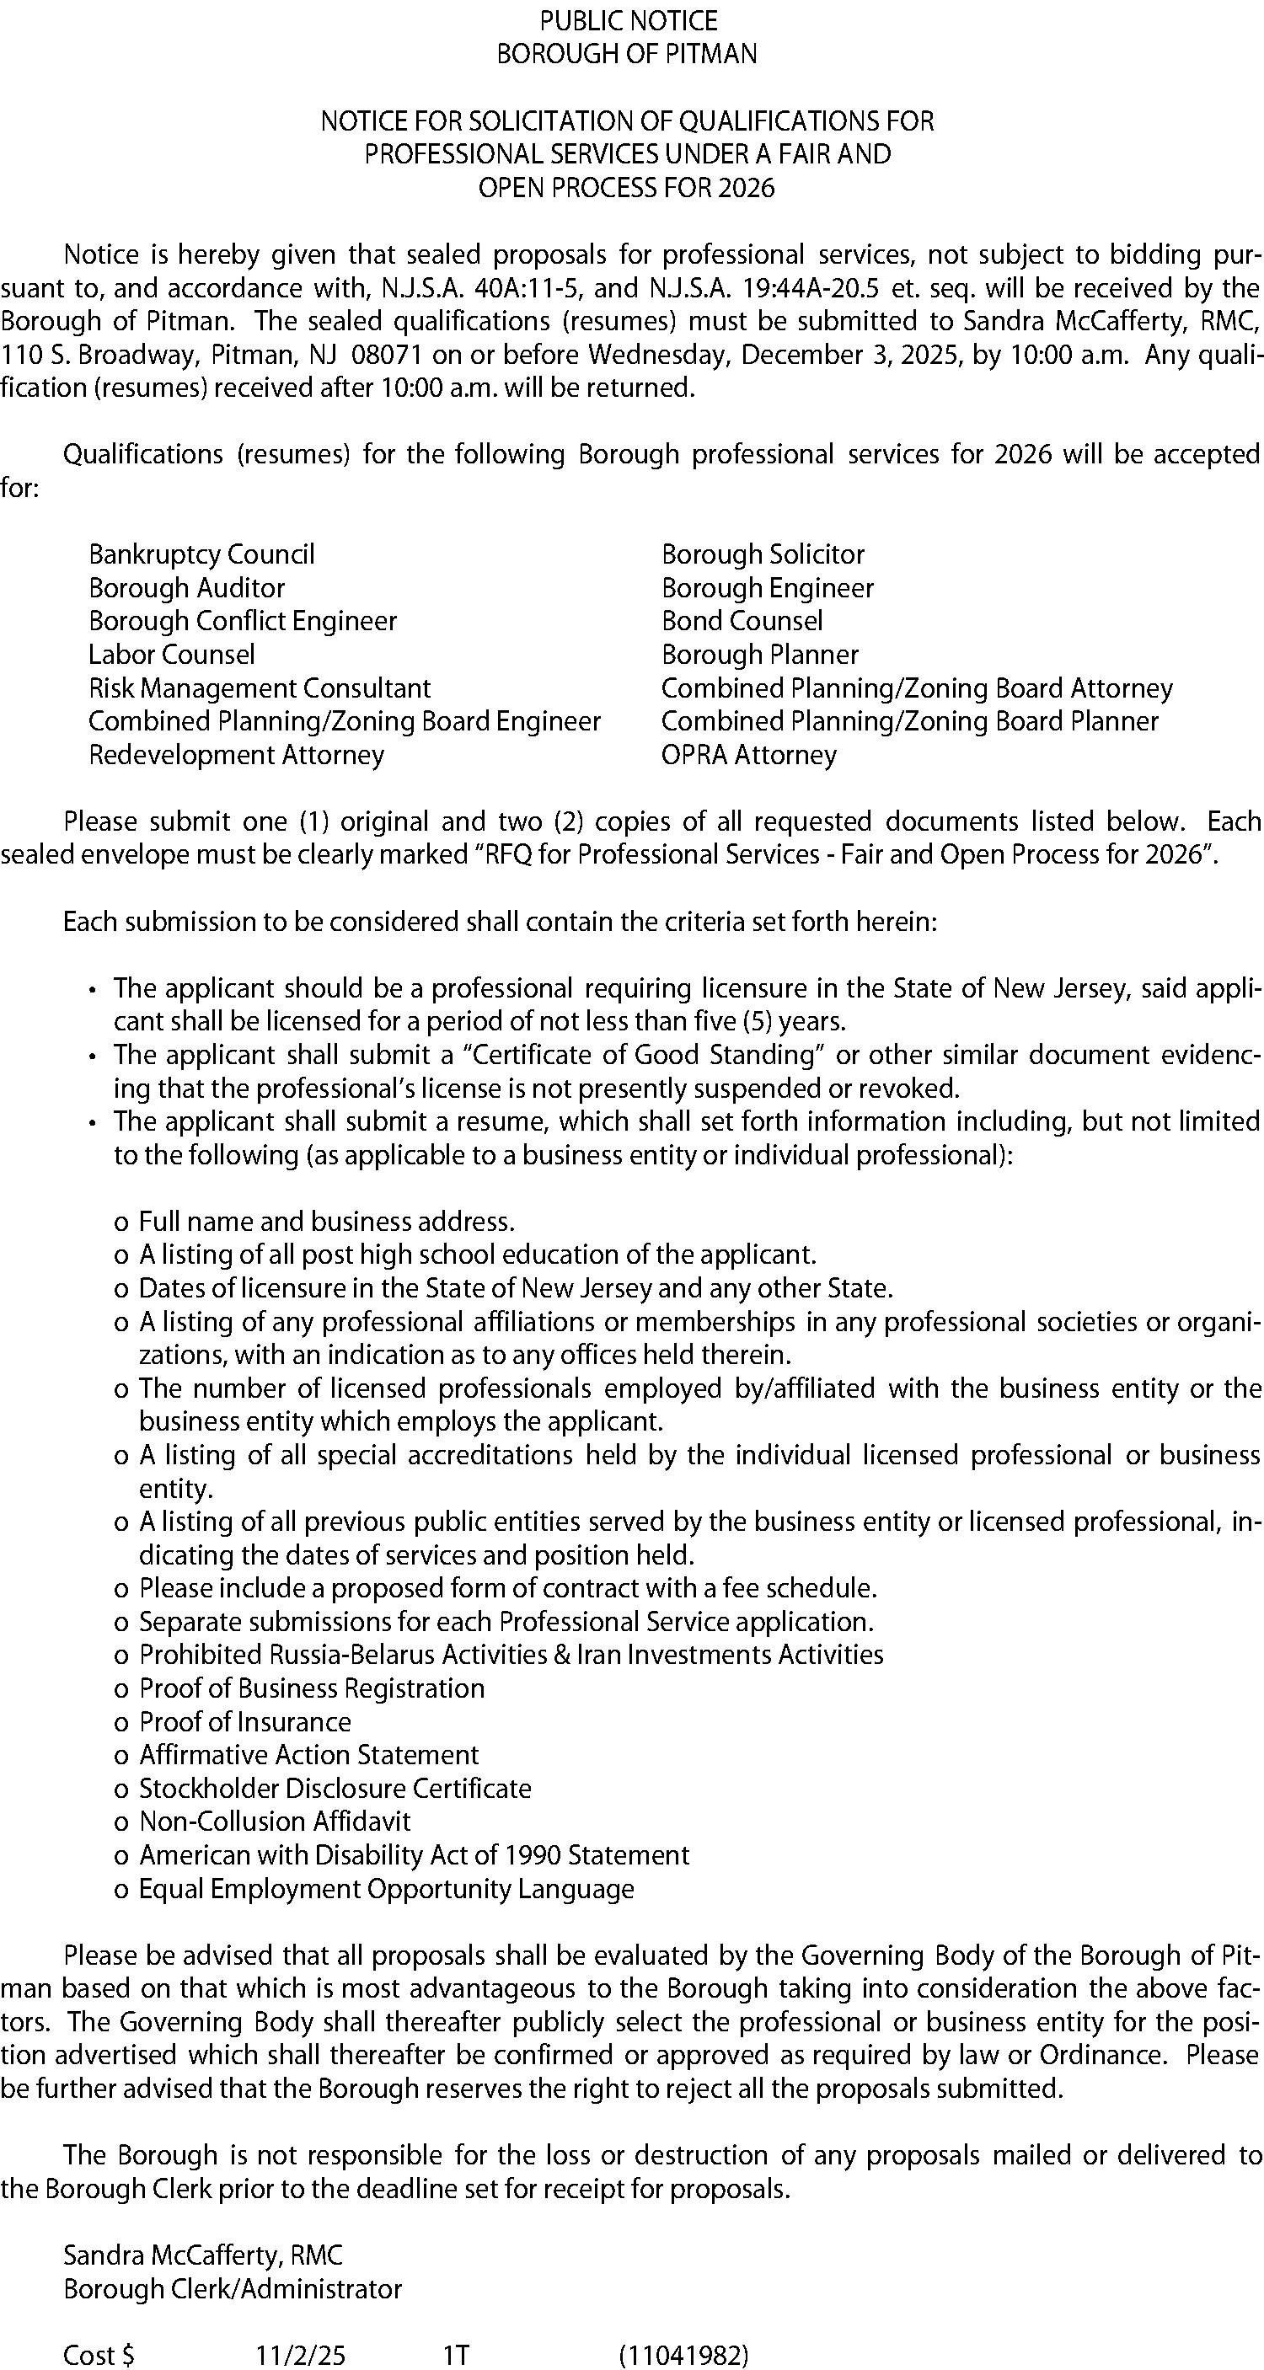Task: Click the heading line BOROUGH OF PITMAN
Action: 626,54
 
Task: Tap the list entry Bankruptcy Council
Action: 201,554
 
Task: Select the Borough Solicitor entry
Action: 763,554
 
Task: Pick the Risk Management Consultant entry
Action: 260,688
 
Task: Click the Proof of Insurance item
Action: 244,1722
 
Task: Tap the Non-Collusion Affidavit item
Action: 274,1822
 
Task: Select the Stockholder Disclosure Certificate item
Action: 335,1789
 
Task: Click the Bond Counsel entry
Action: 742,621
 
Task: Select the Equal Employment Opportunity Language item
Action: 387,1889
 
